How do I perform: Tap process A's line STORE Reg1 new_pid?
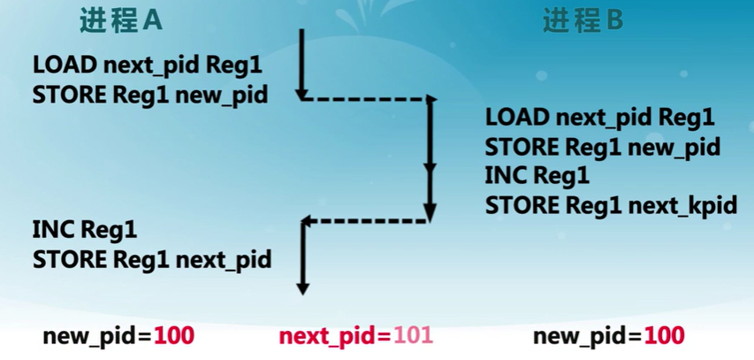point(149,95)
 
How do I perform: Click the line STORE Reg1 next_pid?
point(151,259)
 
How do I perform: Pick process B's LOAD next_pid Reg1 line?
point(599,117)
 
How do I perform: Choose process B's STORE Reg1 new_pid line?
point(602,147)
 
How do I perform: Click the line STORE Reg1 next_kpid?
point(611,206)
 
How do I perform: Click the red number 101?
point(414,336)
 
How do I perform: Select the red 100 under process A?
point(174,336)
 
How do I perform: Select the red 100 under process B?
point(664,336)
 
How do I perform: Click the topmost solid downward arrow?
point(301,62)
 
